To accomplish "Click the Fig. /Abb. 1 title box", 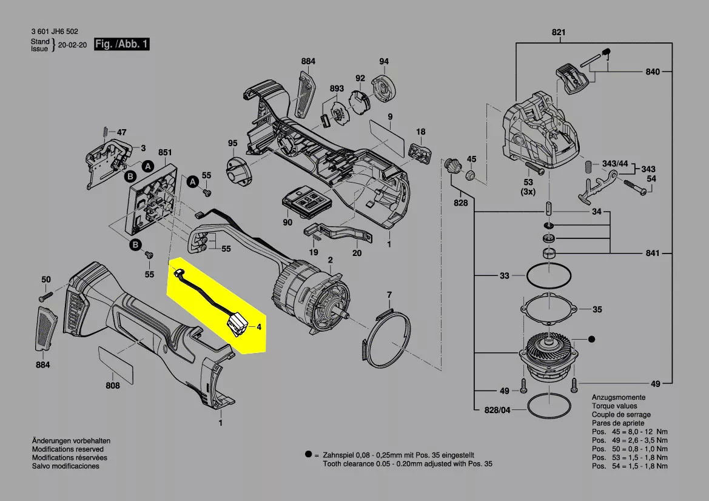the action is tap(122, 44).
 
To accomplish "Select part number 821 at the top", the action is tap(559, 32).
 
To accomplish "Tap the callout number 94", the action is tap(384, 61).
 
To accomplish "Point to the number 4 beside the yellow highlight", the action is tap(258, 327).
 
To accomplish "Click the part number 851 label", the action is tap(165, 152).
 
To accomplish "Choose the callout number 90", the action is tap(287, 223).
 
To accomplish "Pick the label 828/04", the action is tap(497, 410).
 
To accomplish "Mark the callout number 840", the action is tap(653, 72).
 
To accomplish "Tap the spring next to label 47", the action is tap(105, 132).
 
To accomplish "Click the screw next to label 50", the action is tap(45, 297).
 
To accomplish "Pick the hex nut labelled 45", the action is tap(471, 175).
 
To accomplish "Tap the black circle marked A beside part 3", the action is tap(148, 166).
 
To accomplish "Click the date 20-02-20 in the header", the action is tap(73, 45).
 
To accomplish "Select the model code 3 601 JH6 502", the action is tap(55, 31).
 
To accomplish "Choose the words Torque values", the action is tap(614, 406).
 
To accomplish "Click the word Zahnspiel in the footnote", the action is tap(339, 455).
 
